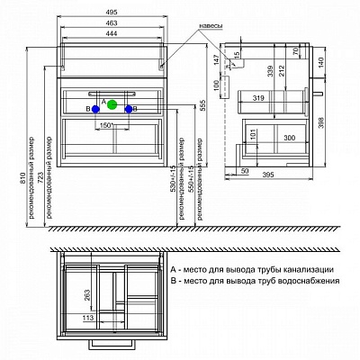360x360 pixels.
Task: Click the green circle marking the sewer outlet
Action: [x=112, y=104]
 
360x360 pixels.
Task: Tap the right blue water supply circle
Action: [x=130, y=109]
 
